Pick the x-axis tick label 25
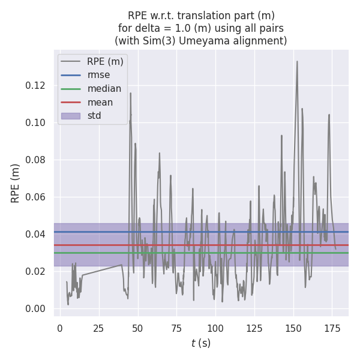[98, 328]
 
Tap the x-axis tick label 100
[215, 328]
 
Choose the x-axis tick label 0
[59, 328]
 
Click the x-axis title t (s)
[201, 343]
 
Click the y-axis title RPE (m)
[16, 183]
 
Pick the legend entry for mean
[100, 103]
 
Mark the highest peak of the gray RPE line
[296, 61]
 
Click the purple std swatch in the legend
[70, 116]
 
